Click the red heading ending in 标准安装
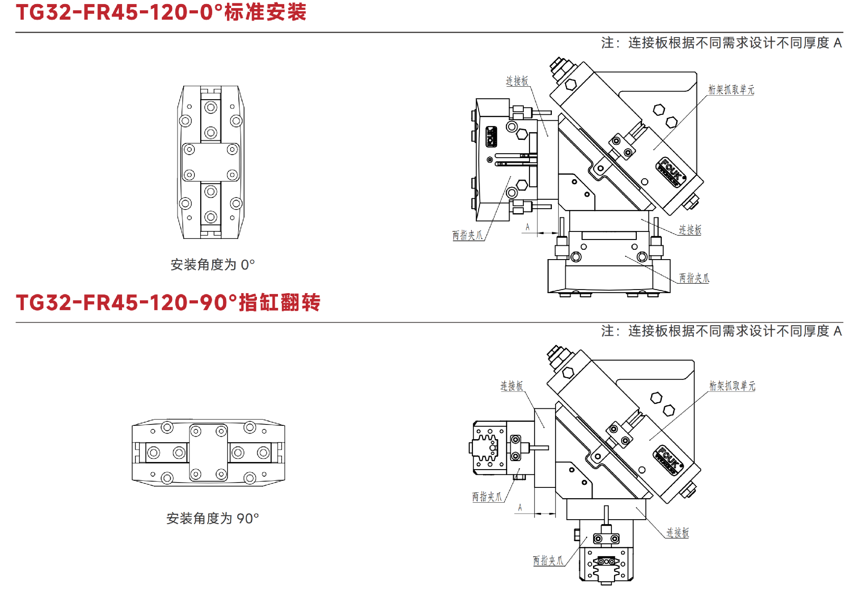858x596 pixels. [161, 12]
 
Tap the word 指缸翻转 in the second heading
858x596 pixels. [280, 302]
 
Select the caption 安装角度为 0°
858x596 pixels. [213, 264]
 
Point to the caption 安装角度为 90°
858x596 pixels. [213, 518]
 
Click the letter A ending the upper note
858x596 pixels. [837, 43]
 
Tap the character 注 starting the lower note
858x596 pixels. [607, 331]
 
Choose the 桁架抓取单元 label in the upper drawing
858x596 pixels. [731, 90]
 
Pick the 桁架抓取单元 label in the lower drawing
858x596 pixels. [732, 386]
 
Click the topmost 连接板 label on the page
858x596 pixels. [517, 81]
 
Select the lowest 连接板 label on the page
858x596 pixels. [677, 533]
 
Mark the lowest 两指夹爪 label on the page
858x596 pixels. [548, 560]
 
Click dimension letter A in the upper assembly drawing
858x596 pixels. [527, 227]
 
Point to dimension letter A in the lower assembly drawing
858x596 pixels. [520, 508]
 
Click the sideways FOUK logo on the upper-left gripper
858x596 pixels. [492, 137]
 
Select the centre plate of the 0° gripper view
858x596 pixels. [210, 162]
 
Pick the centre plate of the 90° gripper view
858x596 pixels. [208, 452]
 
